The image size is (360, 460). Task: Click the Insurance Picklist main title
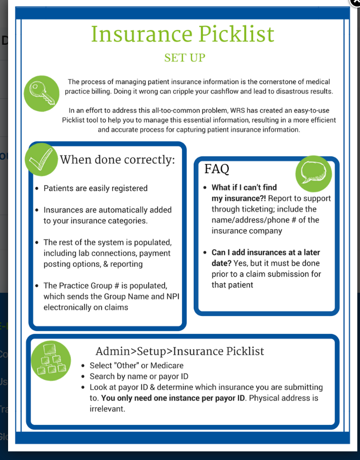point(182,34)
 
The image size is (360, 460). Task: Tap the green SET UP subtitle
point(185,58)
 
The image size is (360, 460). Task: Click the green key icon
point(41,93)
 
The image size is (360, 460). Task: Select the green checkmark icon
point(41,159)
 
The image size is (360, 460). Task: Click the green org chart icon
point(51,358)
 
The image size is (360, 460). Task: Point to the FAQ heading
point(216,169)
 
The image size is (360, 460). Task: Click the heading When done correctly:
point(118,160)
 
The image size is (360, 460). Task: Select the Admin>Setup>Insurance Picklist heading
point(180,351)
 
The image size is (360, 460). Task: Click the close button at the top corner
point(356,2)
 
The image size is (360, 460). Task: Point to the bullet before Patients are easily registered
point(36,189)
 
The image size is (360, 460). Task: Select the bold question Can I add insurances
point(266,252)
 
